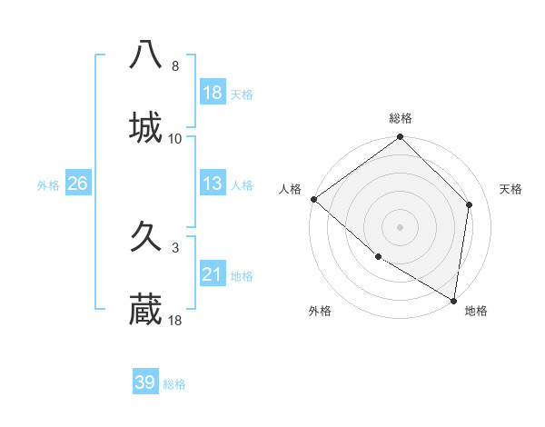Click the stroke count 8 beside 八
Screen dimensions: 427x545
[x=174, y=66]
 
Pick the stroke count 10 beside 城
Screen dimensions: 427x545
[x=175, y=139]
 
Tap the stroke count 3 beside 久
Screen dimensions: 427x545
[x=174, y=247]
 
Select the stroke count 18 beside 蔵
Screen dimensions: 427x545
[x=175, y=321]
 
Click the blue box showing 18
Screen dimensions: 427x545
[x=213, y=92]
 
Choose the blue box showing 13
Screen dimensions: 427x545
[x=213, y=184]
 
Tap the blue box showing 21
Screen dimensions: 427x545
[x=213, y=274]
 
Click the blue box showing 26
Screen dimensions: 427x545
[x=77, y=184]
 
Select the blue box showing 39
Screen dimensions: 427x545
[x=145, y=382]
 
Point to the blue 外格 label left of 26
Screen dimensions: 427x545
[x=48, y=184]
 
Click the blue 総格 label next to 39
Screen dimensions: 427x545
[x=174, y=384]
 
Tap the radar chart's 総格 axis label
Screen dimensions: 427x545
[x=401, y=118]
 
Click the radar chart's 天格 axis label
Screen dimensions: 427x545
[x=510, y=189]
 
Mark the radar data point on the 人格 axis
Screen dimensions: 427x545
[x=313, y=199]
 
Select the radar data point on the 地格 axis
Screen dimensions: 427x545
[x=454, y=300]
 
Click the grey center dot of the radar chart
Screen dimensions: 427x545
[x=401, y=227]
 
